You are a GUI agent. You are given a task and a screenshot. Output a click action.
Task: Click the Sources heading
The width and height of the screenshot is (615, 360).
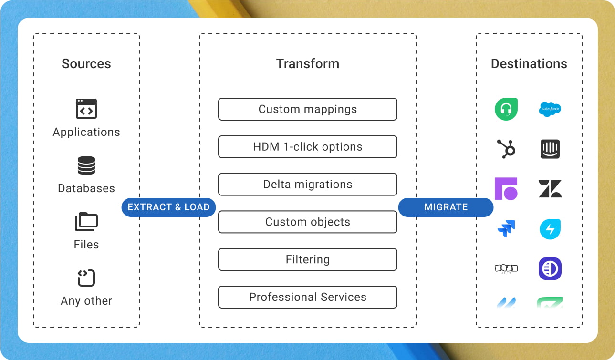pyautogui.click(x=86, y=64)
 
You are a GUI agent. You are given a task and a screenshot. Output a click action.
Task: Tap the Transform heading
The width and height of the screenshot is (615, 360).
pyautogui.click(x=308, y=64)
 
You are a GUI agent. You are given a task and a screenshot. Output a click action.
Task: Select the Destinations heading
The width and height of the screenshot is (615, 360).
pyautogui.click(x=529, y=64)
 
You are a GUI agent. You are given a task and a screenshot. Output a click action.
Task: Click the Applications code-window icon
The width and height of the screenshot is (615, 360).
pyautogui.click(x=86, y=109)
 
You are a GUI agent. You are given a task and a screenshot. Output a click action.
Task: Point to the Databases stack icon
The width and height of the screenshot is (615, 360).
pyautogui.click(x=86, y=165)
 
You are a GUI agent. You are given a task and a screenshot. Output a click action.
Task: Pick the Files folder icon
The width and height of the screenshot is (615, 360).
pyautogui.click(x=86, y=222)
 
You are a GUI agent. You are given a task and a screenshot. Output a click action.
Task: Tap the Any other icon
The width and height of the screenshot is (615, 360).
pyautogui.click(x=86, y=278)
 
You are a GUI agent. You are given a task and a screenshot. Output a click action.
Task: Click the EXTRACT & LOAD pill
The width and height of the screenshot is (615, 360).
pyautogui.click(x=168, y=207)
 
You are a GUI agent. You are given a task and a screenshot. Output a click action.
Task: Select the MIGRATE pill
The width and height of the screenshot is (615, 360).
pyautogui.click(x=446, y=207)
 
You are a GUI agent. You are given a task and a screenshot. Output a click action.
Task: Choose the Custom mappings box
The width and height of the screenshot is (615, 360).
pyautogui.click(x=308, y=109)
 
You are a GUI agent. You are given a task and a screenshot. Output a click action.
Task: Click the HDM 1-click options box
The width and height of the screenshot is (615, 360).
pyautogui.click(x=308, y=147)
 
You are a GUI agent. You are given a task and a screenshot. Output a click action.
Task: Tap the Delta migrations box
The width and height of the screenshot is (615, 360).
pyautogui.click(x=308, y=185)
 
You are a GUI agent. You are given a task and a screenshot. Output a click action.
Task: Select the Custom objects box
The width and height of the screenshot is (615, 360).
pyautogui.click(x=308, y=222)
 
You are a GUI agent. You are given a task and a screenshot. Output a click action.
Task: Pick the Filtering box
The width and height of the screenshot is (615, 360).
pyautogui.click(x=308, y=260)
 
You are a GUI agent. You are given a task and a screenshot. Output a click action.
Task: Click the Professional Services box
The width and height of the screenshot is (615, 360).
pyautogui.click(x=308, y=297)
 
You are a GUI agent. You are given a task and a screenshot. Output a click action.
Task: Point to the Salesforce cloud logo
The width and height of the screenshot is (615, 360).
pyautogui.click(x=550, y=109)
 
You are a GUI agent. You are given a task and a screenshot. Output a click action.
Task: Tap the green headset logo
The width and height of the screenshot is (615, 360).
pyautogui.click(x=506, y=109)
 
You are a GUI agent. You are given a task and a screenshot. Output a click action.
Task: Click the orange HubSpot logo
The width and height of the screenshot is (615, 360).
pyautogui.click(x=506, y=149)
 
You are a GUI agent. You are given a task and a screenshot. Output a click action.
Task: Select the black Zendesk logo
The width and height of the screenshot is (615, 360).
pyautogui.click(x=550, y=189)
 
